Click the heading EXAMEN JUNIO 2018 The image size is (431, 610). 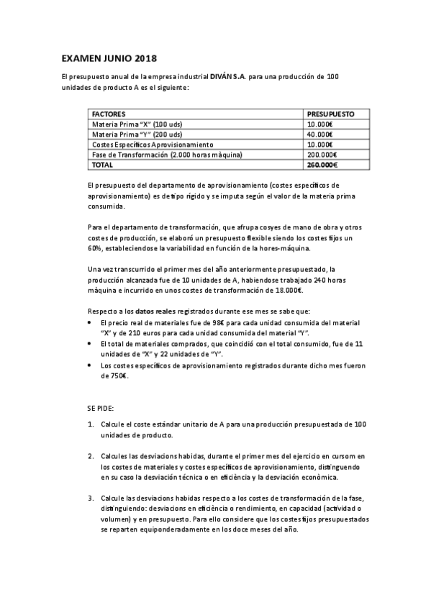pos(108,58)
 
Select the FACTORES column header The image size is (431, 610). pos(109,114)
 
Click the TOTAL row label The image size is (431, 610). pos(103,164)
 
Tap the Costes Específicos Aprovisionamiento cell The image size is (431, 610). pos(153,144)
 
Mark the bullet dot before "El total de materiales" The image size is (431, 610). pos(89,345)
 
